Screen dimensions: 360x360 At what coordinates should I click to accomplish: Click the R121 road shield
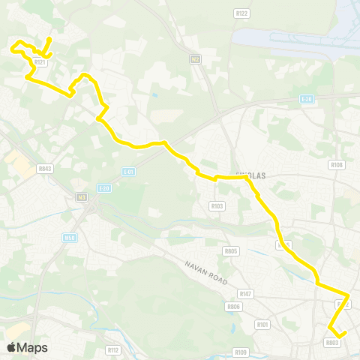41,62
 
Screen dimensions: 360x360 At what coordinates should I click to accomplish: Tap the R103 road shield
217,205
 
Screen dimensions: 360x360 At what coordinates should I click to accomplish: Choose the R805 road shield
231,251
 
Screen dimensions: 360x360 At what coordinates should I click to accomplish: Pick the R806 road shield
234,307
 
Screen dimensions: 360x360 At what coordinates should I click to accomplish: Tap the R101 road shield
262,325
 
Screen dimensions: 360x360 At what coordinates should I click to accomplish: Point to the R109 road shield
240,352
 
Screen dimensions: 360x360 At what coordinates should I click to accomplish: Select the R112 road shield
113,349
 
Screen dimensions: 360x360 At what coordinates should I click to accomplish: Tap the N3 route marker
82,197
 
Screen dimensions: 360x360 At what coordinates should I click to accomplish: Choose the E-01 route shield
128,171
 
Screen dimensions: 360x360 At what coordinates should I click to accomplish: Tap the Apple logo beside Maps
12,347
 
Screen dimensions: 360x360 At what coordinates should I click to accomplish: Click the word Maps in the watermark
33,347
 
